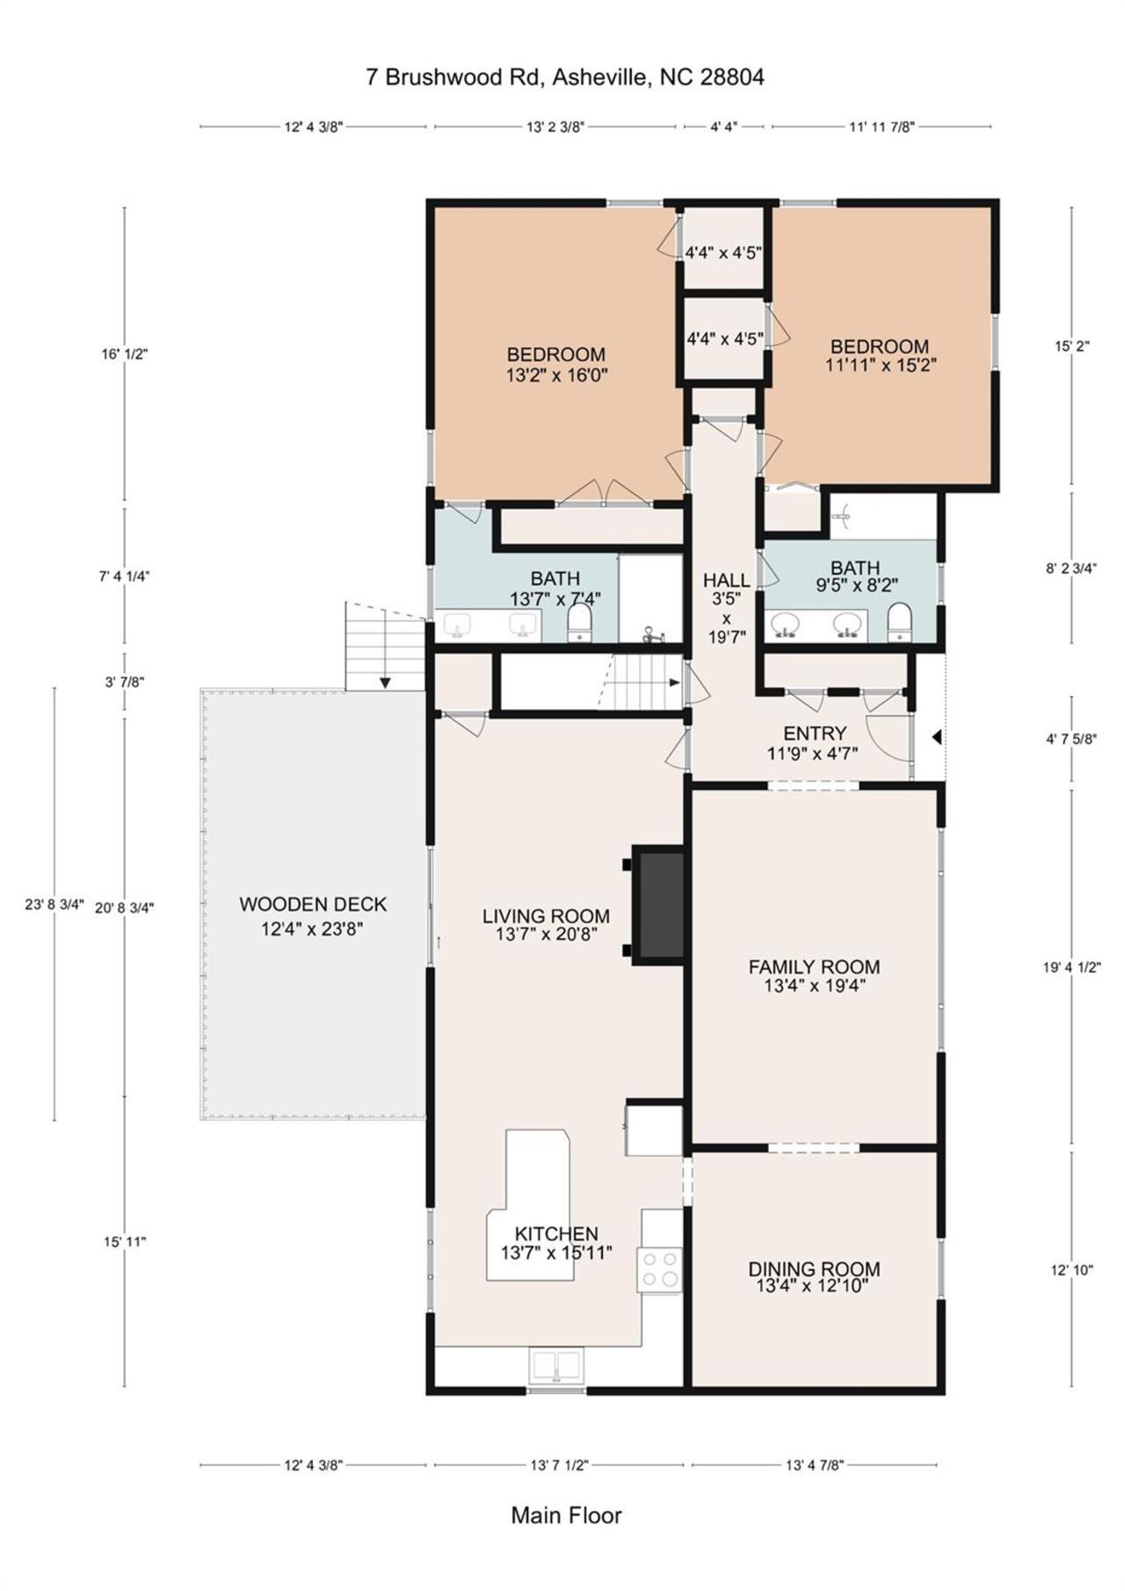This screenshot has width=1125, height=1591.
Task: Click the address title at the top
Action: (565, 77)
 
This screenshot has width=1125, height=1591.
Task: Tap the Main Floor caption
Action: (566, 1515)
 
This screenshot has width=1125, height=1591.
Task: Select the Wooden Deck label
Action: (313, 916)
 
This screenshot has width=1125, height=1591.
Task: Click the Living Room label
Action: (546, 926)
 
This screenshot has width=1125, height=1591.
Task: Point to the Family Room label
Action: (814, 976)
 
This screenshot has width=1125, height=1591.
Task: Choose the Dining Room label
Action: (814, 1277)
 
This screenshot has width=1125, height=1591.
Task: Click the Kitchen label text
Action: (556, 1243)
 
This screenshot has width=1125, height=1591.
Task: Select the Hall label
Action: (727, 607)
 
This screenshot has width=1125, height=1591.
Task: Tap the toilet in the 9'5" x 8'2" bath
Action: (900, 622)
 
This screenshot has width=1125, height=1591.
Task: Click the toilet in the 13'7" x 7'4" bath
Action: (580, 622)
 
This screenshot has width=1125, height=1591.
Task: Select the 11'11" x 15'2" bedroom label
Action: (880, 356)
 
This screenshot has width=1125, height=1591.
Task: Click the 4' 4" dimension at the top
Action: (723, 127)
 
